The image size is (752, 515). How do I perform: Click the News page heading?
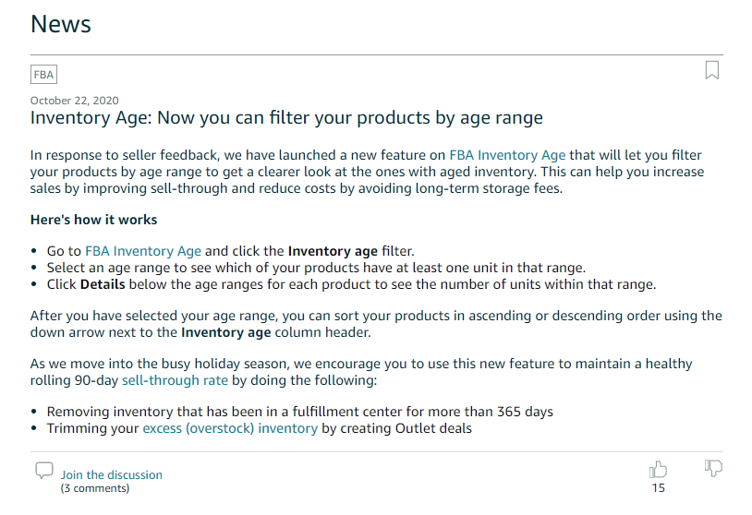tap(60, 24)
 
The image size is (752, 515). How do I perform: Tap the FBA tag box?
tap(43, 75)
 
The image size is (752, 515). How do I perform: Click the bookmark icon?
tap(712, 70)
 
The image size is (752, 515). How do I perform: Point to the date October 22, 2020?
tap(74, 101)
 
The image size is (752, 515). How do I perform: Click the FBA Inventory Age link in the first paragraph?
tap(507, 155)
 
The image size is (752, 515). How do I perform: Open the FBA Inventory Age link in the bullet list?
tap(143, 251)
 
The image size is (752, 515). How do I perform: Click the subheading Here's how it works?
tap(93, 220)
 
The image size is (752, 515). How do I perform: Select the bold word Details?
tap(103, 284)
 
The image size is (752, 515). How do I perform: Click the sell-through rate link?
tap(175, 380)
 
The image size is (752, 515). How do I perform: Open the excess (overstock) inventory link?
tap(230, 428)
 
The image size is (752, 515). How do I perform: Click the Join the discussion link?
tap(111, 474)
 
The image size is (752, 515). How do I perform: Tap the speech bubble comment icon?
tap(44, 471)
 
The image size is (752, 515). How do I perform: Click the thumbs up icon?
tap(658, 470)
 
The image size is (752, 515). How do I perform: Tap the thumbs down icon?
tap(713, 468)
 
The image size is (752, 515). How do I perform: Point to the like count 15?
tap(658, 488)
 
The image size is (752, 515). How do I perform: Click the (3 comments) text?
tap(95, 488)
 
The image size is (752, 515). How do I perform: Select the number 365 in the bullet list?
tap(509, 412)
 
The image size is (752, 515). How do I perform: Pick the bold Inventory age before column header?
tap(226, 332)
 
